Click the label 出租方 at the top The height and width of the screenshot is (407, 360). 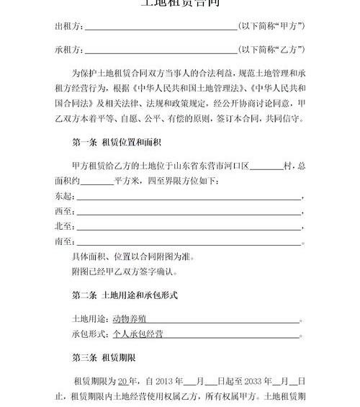(x=68, y=27)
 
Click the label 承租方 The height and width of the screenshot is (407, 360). (x=68, y=50)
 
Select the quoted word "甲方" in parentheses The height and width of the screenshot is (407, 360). (x=289, y=27)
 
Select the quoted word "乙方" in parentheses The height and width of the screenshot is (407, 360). (x=289, y=50)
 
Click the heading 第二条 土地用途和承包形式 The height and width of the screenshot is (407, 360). (x=125, y=295)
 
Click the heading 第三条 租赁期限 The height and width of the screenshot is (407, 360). (x=104, y=357)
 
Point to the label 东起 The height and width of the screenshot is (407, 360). (x=64, y=196)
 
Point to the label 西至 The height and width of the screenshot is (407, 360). (x=64, y=212)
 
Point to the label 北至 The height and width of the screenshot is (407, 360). (x=64, y=227)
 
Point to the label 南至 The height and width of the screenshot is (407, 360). (x=64, y=242)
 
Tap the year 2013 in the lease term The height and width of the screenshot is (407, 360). (x=164, y=380)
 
